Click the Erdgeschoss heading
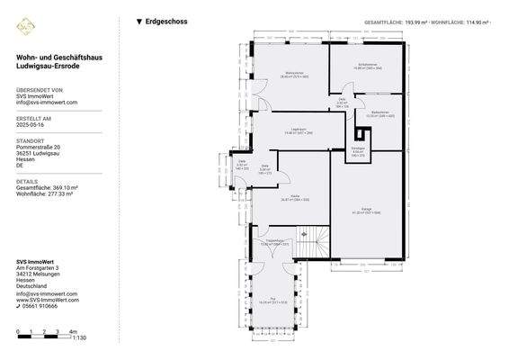coord(166,21)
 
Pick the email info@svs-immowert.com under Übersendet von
coord(47,103)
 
